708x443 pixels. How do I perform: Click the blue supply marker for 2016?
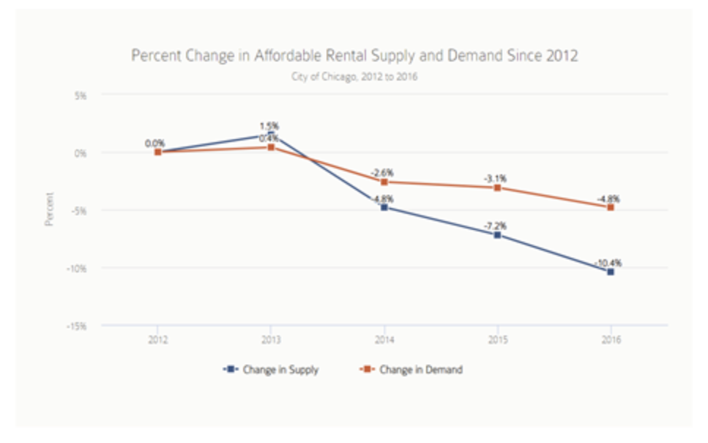[611, 272]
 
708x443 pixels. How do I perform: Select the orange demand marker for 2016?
[611, 207]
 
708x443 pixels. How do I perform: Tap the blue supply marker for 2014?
[384, 208]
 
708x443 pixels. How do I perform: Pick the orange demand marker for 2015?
[497, 188]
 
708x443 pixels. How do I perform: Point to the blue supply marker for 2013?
[271, 135]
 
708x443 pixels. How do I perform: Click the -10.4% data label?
[610, 262]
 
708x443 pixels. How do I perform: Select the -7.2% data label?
[497, 226]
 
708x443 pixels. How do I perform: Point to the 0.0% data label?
[155, 143]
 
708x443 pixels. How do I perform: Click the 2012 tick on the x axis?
[157, 339]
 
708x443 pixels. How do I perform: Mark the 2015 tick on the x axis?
[497, 339]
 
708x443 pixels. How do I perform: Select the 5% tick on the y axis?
[80, 95]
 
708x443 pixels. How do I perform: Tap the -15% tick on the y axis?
[77, 326]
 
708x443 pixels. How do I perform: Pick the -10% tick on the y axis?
[77, 268]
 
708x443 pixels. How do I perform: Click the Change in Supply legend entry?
[272, 370]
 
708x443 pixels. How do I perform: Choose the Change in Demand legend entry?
[411, 370]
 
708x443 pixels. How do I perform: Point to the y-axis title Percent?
[50, 209]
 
